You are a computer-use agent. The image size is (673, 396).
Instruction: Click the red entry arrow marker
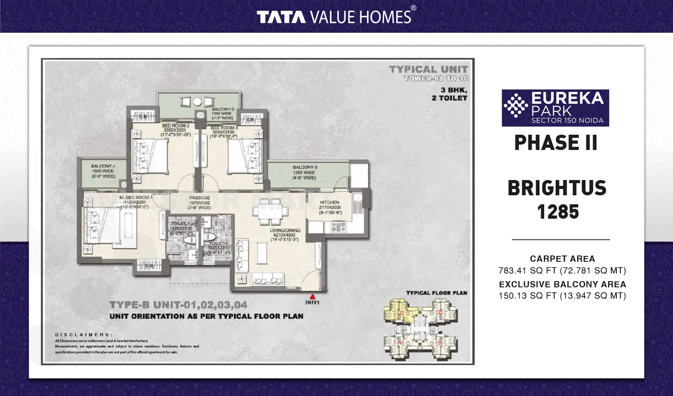tap(313, 296)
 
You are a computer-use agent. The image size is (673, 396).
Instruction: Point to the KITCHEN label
tap(330, 202)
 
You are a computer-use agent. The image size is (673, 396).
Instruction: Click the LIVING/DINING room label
tap(285, 230)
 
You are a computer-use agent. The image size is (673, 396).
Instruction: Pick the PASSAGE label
tap(200, 198)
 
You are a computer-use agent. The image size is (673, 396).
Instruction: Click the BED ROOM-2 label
tap(175, 126)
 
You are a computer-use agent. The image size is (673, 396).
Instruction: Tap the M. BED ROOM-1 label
tap(136, 198)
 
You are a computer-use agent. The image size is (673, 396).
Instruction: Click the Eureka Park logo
tap(555, 108)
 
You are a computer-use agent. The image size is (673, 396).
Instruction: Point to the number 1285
tap(558, 212)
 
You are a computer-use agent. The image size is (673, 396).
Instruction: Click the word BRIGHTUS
tap(557, 188)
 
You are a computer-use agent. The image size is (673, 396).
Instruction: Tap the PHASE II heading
tap(555, 143)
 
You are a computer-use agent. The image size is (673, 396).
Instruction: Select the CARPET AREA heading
tap(562, 259)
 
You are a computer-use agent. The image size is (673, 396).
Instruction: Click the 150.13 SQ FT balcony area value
tap(562, 296)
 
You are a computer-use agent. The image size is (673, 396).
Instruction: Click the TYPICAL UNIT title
tap(428, 69)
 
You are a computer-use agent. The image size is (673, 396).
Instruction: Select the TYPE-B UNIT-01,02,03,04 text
tap(178, 305)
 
